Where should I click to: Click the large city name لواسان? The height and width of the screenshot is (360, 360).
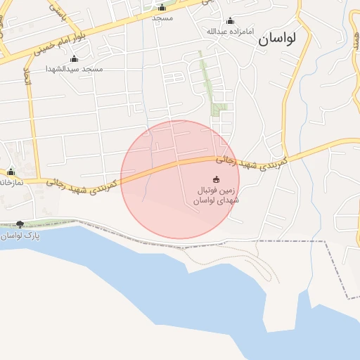(x=277, y=39)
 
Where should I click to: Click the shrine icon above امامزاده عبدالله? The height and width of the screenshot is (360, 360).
(x=230, y=20)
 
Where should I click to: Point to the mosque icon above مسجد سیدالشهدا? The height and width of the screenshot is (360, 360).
(x=74, y=58)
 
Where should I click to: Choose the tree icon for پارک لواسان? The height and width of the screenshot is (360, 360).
(x=19, y=224)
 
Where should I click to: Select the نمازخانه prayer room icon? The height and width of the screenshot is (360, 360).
(x=11, y=172)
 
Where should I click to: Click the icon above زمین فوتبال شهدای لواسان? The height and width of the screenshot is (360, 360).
(x=216, y=179)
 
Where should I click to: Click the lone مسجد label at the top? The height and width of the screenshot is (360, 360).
(x=162, y=18)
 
